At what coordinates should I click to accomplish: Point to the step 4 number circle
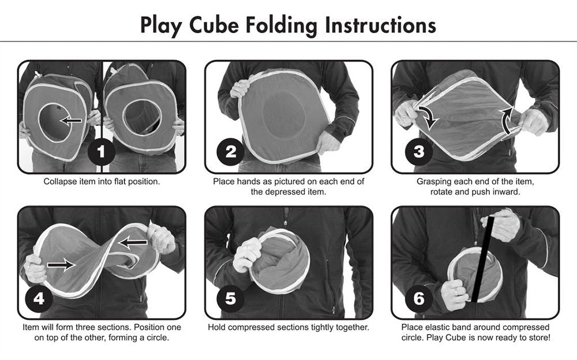click(38, 298)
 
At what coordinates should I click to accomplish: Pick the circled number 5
click(230, 298)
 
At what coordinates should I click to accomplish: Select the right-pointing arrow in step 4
click(61, 265)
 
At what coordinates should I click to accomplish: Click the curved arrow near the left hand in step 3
click(428, 115)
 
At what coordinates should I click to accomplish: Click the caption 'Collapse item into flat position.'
click(102, 181)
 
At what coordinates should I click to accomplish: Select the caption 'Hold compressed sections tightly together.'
click(288, 327)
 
